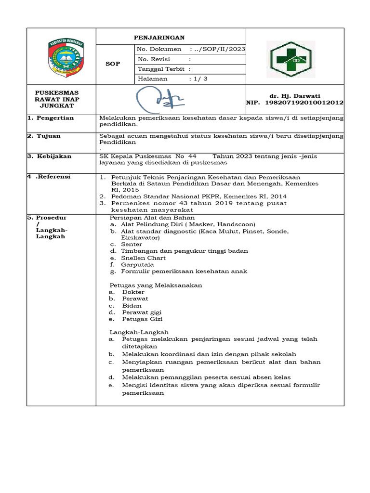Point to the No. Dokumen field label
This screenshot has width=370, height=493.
[x=159, y=49]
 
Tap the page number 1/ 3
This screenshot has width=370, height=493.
[x=198, y=78]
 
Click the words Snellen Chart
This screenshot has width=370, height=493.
[x=143, y=258]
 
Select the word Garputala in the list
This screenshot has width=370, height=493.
[x=137, y=264]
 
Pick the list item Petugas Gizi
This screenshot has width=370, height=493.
[x=142, y=319]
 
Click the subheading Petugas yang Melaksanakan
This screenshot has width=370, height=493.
[x=156, y=285]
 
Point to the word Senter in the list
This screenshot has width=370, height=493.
[x=132, y=244]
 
